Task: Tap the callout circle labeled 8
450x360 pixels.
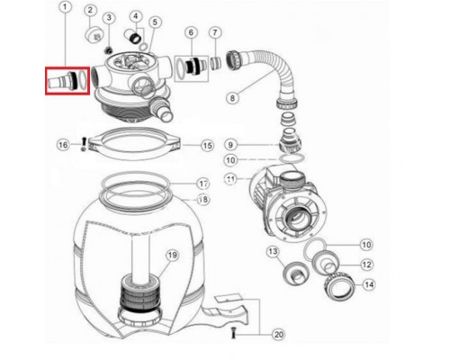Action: point(232,98)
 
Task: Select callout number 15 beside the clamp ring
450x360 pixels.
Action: point(208,146)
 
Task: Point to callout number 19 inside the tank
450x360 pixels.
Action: point(172,256)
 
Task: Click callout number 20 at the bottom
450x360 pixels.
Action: point(279,334)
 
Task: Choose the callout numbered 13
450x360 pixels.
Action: point(273,251)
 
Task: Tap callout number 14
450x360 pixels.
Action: point(369,284)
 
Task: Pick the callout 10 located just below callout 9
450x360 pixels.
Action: point(230,160)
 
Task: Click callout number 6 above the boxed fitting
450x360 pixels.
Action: point(191,32)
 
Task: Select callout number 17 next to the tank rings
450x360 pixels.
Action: point(203,184)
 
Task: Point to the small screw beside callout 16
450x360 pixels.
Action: point(84,144)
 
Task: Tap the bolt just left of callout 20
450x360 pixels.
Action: point(233,333)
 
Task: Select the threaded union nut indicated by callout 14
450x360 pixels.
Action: point(339,287)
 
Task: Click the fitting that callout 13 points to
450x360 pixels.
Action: point(295,274)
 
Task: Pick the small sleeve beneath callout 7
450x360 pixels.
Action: point(216,64)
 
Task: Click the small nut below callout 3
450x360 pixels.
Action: point(108,50)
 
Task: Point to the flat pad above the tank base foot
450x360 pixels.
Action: point(229,298)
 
